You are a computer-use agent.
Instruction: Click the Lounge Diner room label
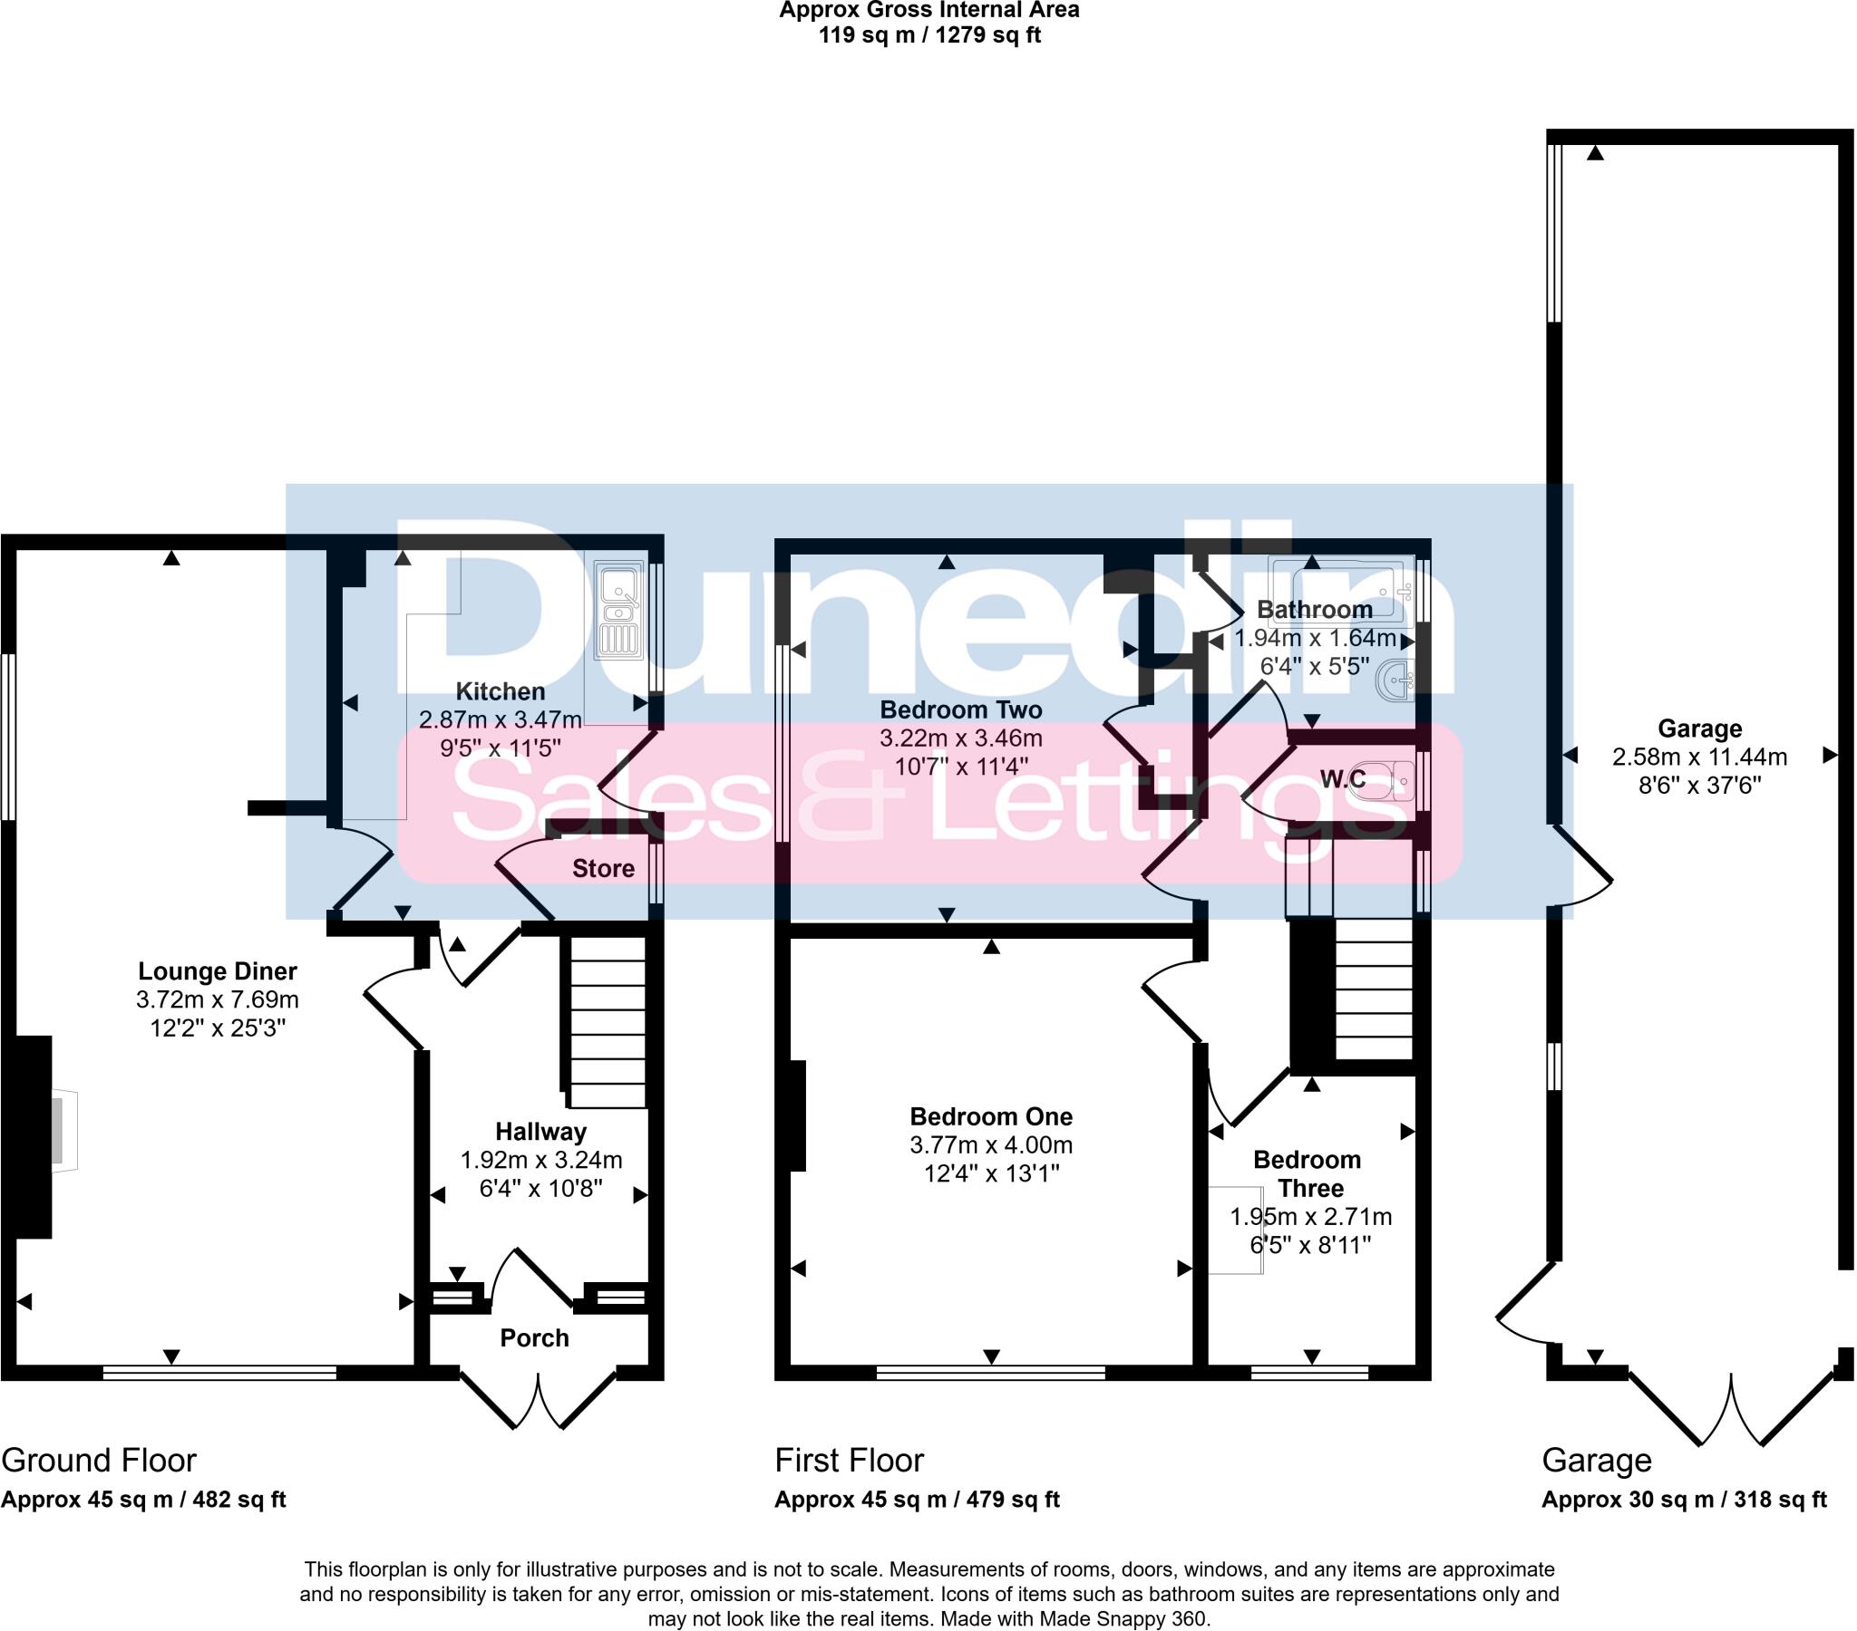click(x=217, y=970)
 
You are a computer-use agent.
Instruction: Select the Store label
click(x=602, y=868)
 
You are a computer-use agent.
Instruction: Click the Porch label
click(x=534, y=1337)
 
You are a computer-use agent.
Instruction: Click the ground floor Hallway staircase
click(x=607, y=1022)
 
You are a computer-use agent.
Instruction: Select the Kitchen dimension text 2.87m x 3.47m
click(x=500, y=720)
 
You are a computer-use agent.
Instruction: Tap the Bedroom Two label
click(x=960, y=709)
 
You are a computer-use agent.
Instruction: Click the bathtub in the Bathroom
click(x=1341, y=589)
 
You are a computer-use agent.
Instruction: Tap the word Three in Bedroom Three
click(x=1310, y=1188)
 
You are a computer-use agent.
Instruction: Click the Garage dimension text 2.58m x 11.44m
click(x=1699, y=757)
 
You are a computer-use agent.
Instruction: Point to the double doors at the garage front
click(x=1731, y=1409)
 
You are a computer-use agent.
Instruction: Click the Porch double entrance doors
click(x=539, y=1398)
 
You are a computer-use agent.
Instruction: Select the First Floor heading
click(x=849, y=1461)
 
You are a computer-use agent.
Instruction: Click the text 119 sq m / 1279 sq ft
click(x=928, y=35)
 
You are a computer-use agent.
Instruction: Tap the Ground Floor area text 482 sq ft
click(x=239, y=1500)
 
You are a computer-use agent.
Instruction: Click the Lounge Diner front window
click(x=219, y=1372)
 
